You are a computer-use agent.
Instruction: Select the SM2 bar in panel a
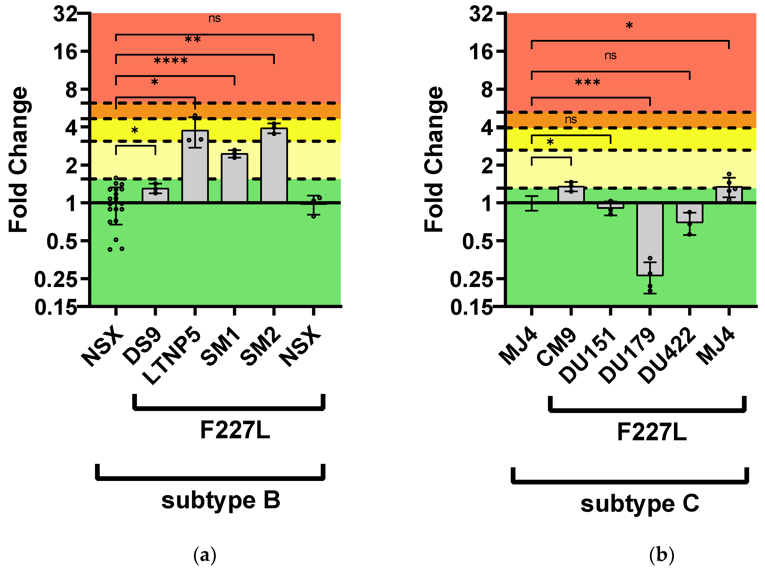274,165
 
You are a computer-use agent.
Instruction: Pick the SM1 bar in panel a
234,178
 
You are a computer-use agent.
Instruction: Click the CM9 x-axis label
557,347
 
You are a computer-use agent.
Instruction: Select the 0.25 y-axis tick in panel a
55,279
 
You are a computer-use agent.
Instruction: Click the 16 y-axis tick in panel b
480,52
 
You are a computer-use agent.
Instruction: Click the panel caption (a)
205,555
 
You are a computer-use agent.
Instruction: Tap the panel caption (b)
661,555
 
